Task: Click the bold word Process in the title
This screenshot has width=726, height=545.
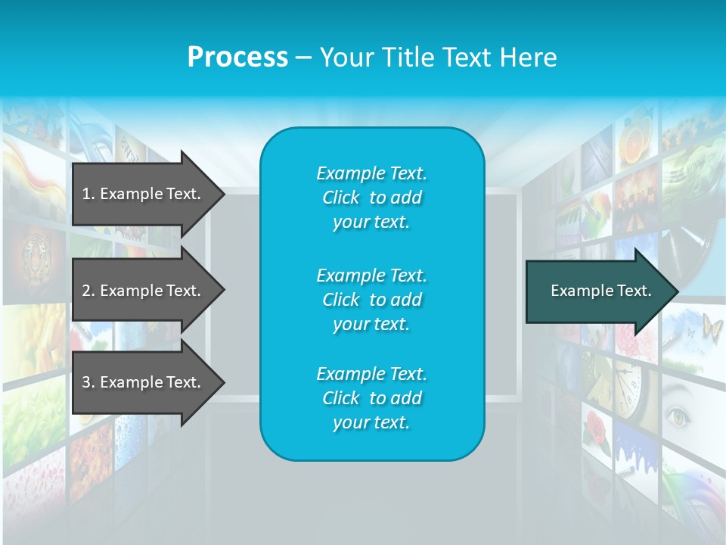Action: point(237,58)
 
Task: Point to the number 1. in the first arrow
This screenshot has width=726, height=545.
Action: point(88,194)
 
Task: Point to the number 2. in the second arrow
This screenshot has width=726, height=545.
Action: point(88,291)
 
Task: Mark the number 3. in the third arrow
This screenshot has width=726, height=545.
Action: point(88,382)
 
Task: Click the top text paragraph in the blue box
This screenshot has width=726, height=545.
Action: point(371,198)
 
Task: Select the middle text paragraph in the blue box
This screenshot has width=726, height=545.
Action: point(371,300)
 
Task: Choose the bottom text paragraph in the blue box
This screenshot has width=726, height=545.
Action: point(371,398)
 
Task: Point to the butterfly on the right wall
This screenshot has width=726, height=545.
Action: point(712,327)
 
